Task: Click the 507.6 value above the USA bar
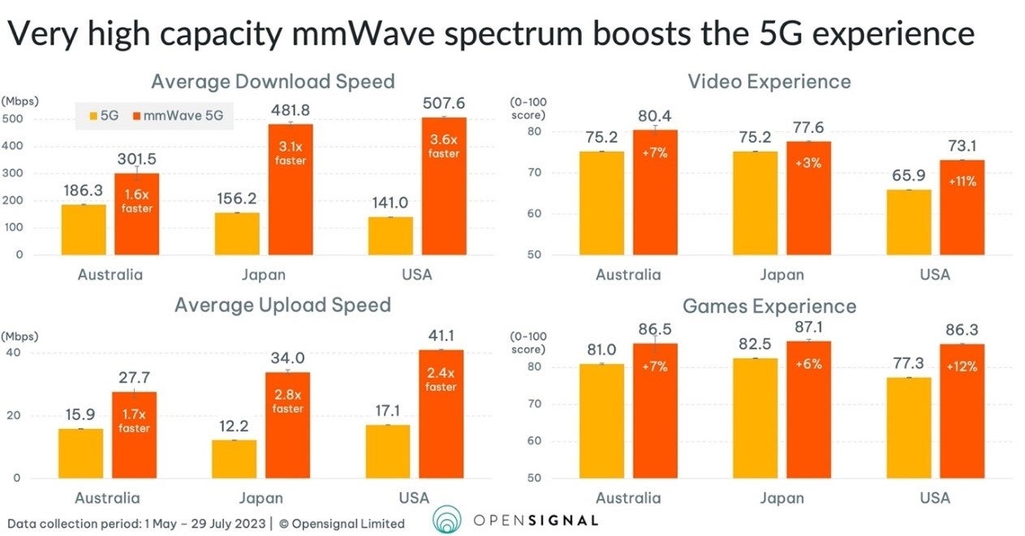[444, 103]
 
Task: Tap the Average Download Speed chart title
[273, 81]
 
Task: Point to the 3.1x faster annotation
[290, 153]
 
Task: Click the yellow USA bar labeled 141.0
[390, 235]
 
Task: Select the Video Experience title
[769, 81]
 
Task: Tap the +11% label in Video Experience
[961, 181]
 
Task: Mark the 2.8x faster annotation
[287, 401]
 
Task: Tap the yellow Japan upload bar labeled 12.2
[235, 458]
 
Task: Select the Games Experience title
[769, 306]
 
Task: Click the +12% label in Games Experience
[962, 366]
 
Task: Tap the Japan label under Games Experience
[782, 497]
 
